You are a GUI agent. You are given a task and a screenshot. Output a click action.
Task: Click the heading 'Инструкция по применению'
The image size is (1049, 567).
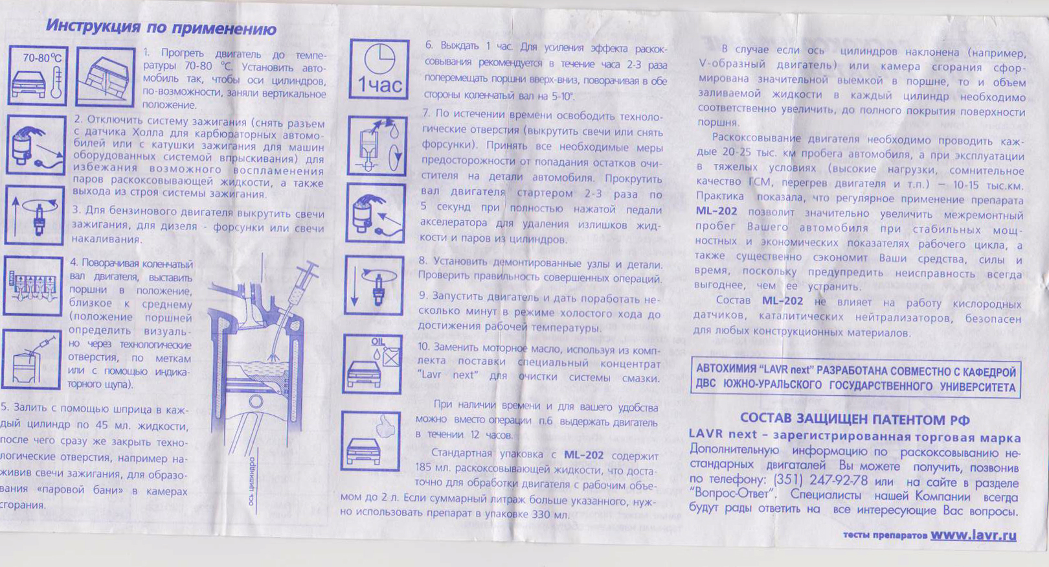tap(161, 27)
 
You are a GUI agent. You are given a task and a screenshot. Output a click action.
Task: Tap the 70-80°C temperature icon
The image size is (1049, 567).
tap(38, 75)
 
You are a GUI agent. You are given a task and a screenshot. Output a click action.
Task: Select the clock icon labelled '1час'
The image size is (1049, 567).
tap(379, 69)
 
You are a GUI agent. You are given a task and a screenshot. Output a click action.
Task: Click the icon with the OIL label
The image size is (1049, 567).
tap(372, 364)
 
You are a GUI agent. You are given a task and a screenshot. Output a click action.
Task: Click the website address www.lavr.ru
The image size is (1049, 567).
tap(973, 535)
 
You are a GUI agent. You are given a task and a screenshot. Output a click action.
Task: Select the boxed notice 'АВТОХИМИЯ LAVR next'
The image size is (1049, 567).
tap(855, 378)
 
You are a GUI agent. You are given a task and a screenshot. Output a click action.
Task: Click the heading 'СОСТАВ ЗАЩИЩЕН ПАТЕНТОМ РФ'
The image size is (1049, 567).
tap(855, 419)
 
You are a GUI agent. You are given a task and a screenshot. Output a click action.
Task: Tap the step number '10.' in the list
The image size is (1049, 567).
tap(423, 347)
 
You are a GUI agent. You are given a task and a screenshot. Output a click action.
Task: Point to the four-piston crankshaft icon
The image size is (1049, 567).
tap(33, 286)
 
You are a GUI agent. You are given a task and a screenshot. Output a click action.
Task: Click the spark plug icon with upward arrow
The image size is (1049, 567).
tap(35, 216)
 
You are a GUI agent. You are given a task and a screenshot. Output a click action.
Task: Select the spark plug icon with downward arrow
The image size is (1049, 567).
tap(374, 285)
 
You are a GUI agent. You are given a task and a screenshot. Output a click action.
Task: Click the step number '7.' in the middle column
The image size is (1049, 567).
tap(426, 113)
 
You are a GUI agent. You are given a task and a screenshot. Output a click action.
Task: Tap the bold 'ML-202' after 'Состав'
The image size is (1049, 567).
tap(782, 301)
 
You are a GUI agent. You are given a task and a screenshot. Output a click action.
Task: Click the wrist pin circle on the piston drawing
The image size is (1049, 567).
tap(256, 402)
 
